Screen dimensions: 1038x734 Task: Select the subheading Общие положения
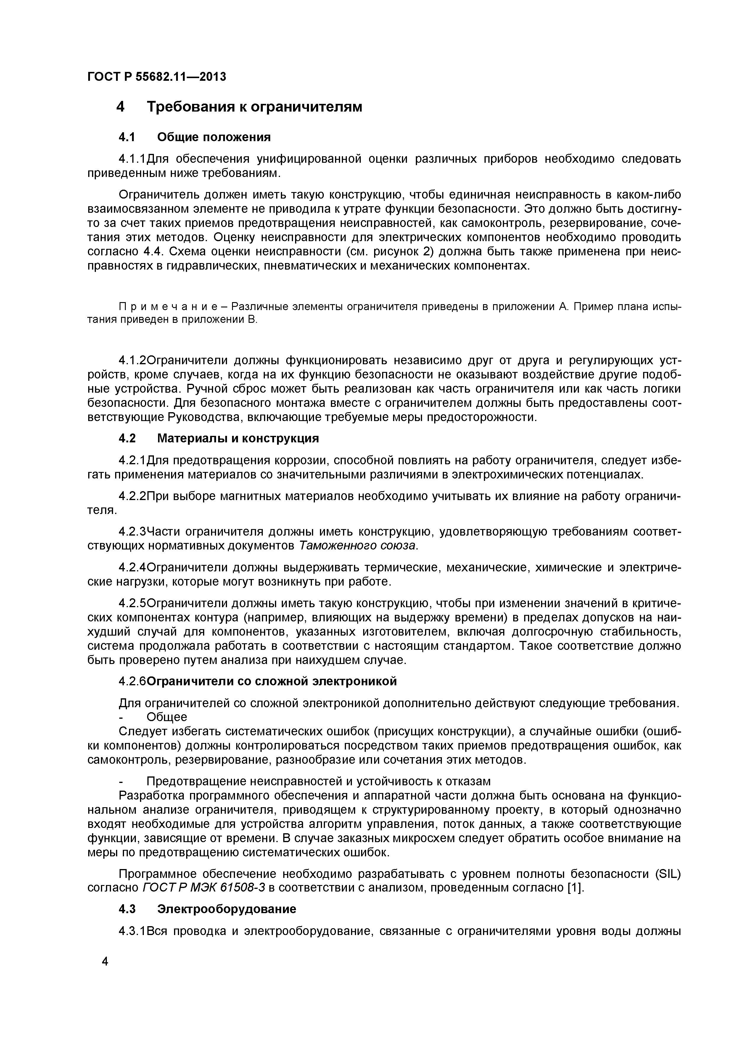coord(214,136)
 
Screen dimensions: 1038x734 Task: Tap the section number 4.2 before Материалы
coord(127,438)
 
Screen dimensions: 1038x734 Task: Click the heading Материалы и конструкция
coord(238,438)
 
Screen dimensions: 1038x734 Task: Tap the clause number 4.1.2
coord(133,360)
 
